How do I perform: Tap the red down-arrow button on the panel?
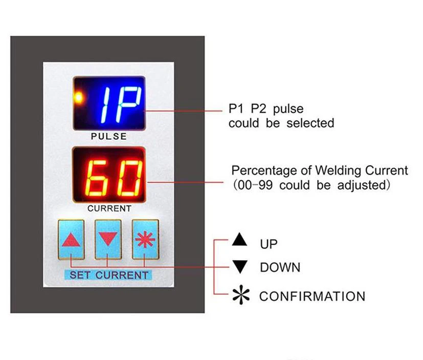coord(108,239)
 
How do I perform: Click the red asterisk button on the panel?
coord(145,239)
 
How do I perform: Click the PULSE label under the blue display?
coord(108,137)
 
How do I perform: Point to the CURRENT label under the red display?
coord(109,208)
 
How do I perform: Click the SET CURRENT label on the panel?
coord(108,275)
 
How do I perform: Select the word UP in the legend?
coord(269,244)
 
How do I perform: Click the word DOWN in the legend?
coord(280,267)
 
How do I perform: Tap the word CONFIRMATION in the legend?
coord(312,296)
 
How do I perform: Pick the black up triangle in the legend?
coord(240,240)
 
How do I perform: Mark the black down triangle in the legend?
coord(240,267)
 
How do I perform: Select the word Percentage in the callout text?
coord(264,171)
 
